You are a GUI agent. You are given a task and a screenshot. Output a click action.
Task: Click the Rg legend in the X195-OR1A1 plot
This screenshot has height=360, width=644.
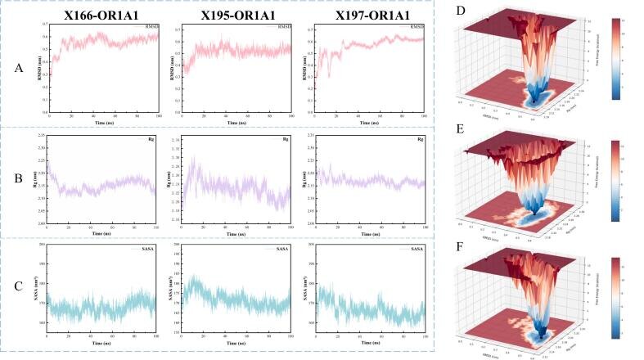[281, 138]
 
